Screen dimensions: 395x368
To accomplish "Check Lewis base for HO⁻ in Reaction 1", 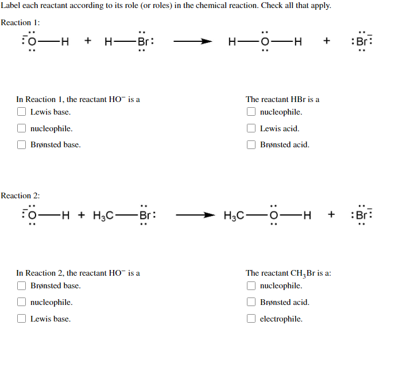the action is pyautogui.click(x=21, y=112).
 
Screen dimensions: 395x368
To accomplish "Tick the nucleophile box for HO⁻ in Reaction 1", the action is pyautogui.click(x=21, y=129).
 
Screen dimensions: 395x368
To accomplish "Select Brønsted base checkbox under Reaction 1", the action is pyautogui.click(x=21, y=144).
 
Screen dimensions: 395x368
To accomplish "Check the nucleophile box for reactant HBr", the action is pyautogui.click(x=251, y=112).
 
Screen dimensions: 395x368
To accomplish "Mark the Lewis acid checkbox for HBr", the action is pyautogui.click(x=251, y=129).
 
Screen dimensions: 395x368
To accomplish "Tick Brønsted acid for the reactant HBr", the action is pyautogui.click(x=251, y=144).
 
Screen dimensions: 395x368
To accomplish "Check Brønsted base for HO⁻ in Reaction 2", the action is pyautogui.click(x=21, y=285).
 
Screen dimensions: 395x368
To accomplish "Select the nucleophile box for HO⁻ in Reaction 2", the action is pyautogui.click(x=21, y=302).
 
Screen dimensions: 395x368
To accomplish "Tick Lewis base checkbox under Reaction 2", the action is pyautogui.click(x=21, y=319).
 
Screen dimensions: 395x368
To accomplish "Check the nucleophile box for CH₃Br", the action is pyautogui.click(x=251, y=285).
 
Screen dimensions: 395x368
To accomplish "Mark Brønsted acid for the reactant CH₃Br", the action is pyautogui.click(x=251, y=302).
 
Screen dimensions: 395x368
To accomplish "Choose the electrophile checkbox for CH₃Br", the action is pyautogui.click(x=251, y=319).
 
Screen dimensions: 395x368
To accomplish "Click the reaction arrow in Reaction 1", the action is pyautogui.click(x=195, y=41).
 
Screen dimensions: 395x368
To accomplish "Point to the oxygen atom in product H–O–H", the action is pyautogui.click(x=264, y=41).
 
